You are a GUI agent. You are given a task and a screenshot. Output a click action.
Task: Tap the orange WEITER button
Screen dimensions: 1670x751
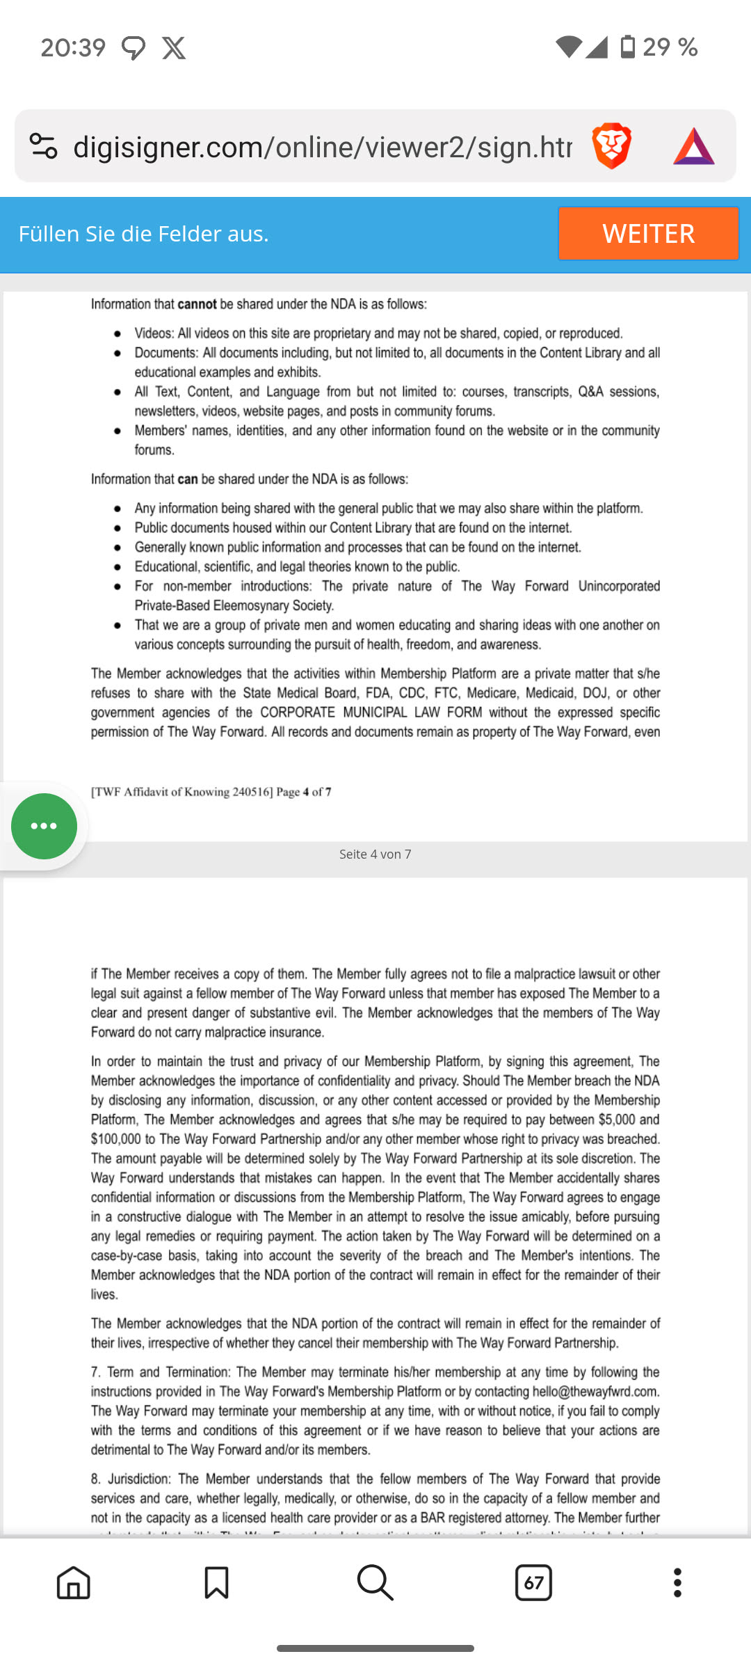coord(648,233)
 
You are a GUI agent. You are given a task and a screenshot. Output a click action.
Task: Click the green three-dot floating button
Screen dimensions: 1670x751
coord(44,826)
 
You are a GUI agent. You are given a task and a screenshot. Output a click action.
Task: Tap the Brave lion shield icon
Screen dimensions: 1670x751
coord(611,146)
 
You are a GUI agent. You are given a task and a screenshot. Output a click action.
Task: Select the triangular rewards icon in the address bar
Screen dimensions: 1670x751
coord(693,146)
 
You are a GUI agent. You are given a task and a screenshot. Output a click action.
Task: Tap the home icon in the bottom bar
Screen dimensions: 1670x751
coord(74,1582)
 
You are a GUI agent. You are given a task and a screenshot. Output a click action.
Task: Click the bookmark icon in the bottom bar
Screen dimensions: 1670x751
coord(216,1582)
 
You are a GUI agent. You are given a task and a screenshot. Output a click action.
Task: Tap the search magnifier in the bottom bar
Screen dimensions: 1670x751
coord(375,1582)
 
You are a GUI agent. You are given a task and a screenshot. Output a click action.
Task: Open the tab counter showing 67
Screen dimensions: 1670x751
coord(533,1582)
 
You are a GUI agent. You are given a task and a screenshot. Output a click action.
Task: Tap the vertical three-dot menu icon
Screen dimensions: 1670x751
coord(677,1582)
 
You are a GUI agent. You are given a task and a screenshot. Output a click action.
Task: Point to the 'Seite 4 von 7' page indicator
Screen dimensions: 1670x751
coord(375,854)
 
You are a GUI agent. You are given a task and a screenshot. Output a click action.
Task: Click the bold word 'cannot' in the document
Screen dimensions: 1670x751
coord(197,304)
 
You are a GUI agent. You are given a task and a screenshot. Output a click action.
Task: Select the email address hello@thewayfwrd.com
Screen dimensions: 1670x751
coord(595,1391)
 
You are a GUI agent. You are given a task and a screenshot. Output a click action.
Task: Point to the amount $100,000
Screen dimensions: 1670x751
coord(115,1139)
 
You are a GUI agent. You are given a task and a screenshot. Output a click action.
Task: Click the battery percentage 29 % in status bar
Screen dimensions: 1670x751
coord(670,47)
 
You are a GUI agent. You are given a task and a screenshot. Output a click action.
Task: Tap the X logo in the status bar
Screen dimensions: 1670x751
coord(174,48)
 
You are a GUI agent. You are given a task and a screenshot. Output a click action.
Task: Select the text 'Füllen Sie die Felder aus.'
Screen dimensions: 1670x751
coord(143,234)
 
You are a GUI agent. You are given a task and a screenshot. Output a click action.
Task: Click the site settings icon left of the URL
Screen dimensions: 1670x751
coord(43,146)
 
